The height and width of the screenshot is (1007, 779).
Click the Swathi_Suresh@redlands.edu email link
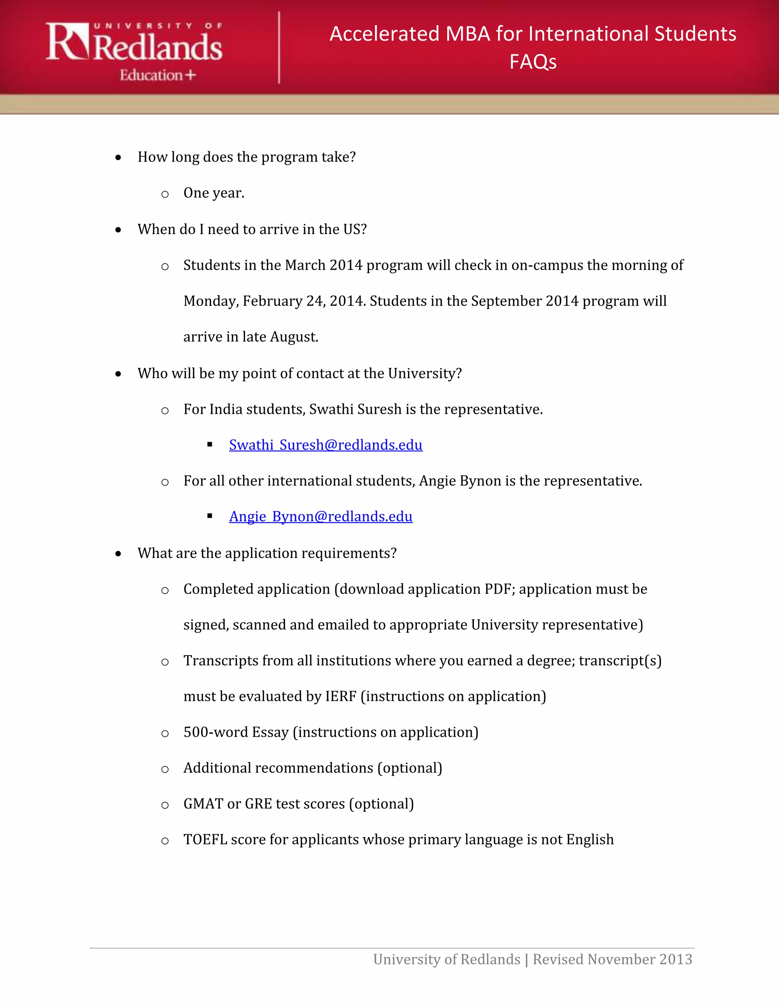tap(325, 445)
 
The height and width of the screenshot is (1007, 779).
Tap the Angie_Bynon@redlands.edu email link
tap(321, 516)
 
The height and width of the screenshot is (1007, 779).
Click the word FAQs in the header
tap(533, 62)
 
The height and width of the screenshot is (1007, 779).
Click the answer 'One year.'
tap(214, 193)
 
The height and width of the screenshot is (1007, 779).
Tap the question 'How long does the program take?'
tap(246, 157)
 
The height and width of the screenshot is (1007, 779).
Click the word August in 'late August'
tap(294, 337)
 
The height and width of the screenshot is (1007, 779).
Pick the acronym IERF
tap(340, 696)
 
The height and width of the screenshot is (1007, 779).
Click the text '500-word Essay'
tap(236, 732)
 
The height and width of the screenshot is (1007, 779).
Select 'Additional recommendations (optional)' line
tap(312, 768)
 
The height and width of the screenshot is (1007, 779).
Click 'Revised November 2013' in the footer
tap(612, 959)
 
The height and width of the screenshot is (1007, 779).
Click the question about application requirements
tap(267, 553)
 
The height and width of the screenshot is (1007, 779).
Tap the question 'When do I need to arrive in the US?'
tap(252, 229)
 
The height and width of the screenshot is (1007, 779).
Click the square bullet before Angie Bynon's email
tap(210, 516)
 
